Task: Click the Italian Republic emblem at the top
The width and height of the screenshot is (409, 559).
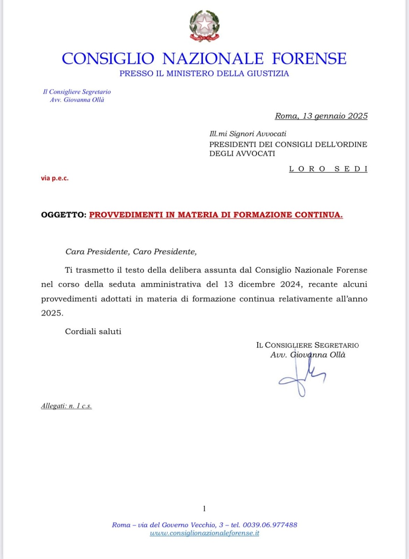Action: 204,26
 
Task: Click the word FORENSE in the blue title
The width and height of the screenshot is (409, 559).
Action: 309,59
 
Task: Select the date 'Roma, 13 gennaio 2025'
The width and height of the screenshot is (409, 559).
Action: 321,116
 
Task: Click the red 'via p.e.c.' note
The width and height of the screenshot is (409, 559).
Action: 55,178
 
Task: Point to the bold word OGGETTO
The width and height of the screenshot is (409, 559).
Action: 63,215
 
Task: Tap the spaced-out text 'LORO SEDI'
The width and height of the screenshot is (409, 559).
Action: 328,169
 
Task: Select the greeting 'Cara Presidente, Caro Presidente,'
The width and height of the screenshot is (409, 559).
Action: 131,252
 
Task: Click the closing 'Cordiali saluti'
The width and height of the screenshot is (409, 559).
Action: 93,332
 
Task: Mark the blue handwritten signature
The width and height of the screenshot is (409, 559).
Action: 302,377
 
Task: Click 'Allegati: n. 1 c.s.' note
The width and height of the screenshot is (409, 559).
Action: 66,406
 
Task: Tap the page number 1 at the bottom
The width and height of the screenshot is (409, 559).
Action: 204,509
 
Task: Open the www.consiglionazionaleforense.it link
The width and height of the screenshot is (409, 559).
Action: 204,533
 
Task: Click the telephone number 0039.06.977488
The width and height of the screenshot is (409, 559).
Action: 270,525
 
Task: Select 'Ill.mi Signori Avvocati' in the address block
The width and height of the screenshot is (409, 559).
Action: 248,134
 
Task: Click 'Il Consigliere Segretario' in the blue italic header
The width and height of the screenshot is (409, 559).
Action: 77,92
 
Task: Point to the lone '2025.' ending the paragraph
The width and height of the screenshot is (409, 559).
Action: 52,313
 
